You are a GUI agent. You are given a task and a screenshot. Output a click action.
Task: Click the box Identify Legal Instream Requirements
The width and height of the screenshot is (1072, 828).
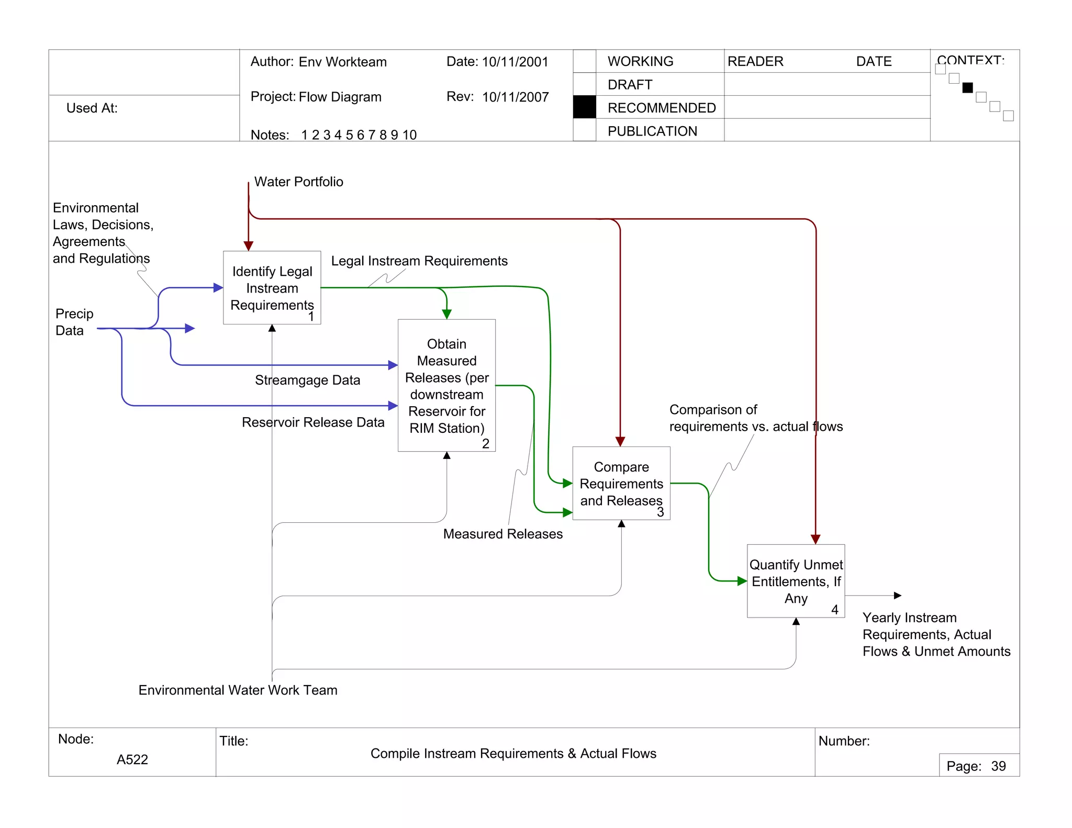point(272,287)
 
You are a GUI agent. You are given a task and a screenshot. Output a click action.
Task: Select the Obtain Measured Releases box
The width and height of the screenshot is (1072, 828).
point(446,385)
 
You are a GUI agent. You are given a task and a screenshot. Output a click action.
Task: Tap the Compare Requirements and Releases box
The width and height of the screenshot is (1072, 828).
point(621,483)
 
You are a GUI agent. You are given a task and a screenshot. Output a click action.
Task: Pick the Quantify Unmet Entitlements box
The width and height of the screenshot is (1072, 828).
point(796,581)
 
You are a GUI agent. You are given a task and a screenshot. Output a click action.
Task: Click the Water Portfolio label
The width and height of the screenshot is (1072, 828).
point(298,182)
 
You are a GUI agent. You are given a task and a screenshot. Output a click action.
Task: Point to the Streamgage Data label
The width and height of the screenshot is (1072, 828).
point(307,380)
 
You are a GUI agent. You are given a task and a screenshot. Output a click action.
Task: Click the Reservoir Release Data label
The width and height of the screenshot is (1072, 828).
point(313,422)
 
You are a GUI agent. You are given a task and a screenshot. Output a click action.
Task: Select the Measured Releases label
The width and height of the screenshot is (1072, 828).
point(502,534)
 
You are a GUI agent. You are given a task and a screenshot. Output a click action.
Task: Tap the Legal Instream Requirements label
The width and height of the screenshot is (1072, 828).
point(419,261)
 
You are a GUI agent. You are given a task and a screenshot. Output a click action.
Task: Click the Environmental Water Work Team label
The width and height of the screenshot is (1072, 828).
point(238,690)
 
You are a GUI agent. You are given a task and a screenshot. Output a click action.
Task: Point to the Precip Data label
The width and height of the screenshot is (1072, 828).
point(74,322)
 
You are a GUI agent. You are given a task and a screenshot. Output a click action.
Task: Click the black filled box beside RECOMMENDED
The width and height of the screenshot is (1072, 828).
point(585,107)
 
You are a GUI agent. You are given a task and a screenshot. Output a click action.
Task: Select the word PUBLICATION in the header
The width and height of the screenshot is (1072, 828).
point(652,131)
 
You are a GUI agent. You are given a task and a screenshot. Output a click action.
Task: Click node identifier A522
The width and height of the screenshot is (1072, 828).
point(132,759)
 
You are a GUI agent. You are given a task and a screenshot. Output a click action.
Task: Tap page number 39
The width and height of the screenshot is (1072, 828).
point(998,766)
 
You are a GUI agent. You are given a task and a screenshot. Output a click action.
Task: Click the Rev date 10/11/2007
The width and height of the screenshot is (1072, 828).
point(515,97)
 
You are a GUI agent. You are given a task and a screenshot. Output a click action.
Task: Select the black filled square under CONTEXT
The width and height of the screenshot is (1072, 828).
point(967,87)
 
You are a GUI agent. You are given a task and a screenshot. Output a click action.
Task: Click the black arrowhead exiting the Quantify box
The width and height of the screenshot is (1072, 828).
point(897,596)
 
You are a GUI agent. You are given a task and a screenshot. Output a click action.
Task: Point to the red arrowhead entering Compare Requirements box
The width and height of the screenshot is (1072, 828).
point(620,442)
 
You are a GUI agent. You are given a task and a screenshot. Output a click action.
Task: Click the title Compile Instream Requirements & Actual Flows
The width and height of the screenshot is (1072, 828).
point(513,753)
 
